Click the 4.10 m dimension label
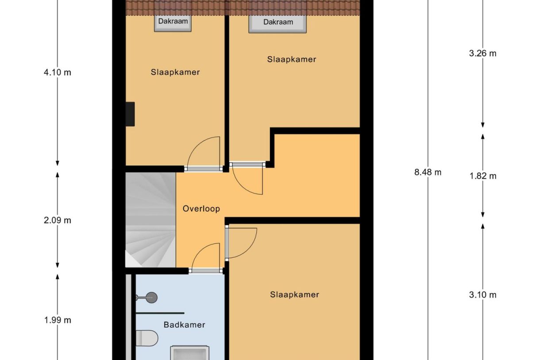coord(57,73)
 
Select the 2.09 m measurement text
coord(57,220)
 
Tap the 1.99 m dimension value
coord(57,320)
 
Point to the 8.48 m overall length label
coord(428,172)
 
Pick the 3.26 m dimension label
coord(482,54)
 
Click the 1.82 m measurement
coord(482,176)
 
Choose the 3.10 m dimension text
coord(482,294)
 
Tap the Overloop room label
coord(201,209)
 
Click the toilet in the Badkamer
coord(146,339)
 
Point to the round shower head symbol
coord(151,297)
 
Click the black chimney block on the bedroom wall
coord(130,114)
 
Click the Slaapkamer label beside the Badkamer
coord(294,294)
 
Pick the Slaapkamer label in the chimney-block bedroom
coord(175,72)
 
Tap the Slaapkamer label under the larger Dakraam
coord(291,59)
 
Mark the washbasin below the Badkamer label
coord(189,353)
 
